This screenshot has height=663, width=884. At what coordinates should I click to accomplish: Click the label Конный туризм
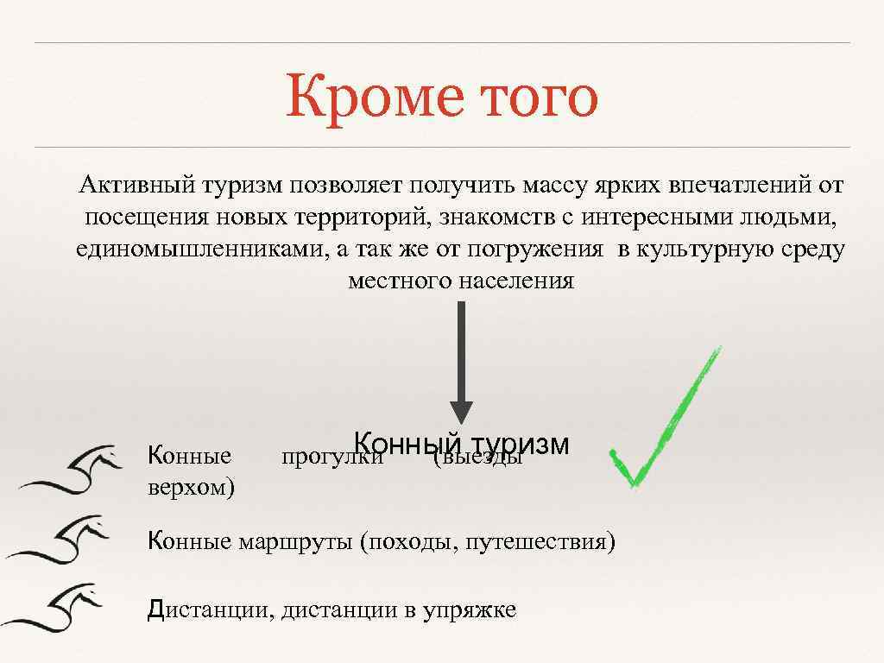[x=461, y=444]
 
